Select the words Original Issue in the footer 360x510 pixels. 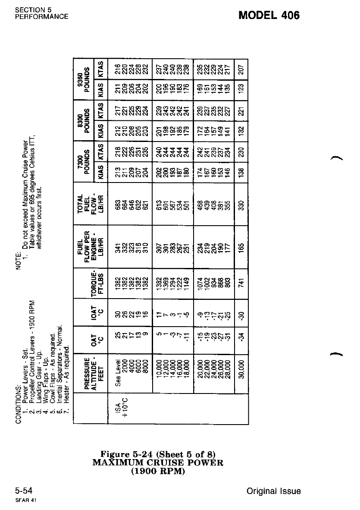click(x=274, y=491)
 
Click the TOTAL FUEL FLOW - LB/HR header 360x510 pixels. click(x=91, y=200)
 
